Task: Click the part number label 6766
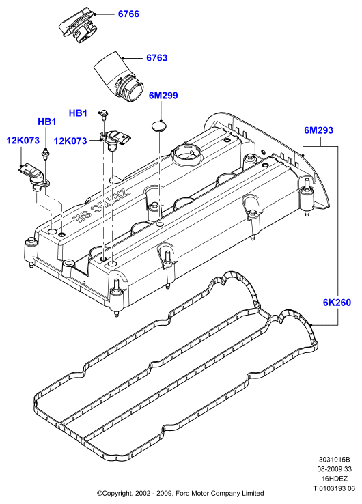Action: [x=128, y=14]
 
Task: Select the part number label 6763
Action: [x=157, y=58]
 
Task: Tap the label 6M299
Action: [x=163, y=96]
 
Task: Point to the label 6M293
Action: [x=318, y=130]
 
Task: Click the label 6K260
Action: [x=337, y=303]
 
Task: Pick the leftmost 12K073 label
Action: [x=23, y=140]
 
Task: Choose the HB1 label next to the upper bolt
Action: [x=78, y=113]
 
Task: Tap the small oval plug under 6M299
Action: [x=160, y=126]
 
